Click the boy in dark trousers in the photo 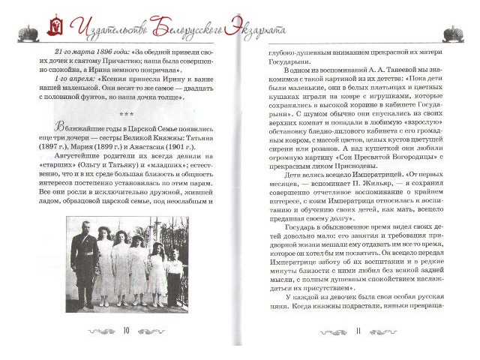pyautogui.click(x=175, y=277)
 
